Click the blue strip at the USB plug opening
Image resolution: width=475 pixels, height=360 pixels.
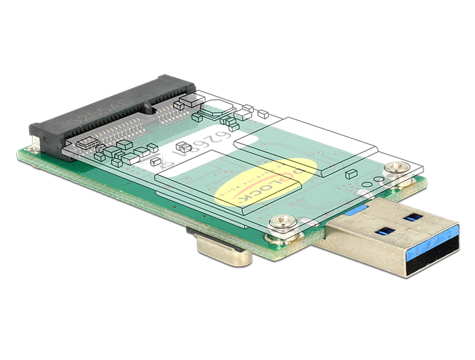point(421,238)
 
